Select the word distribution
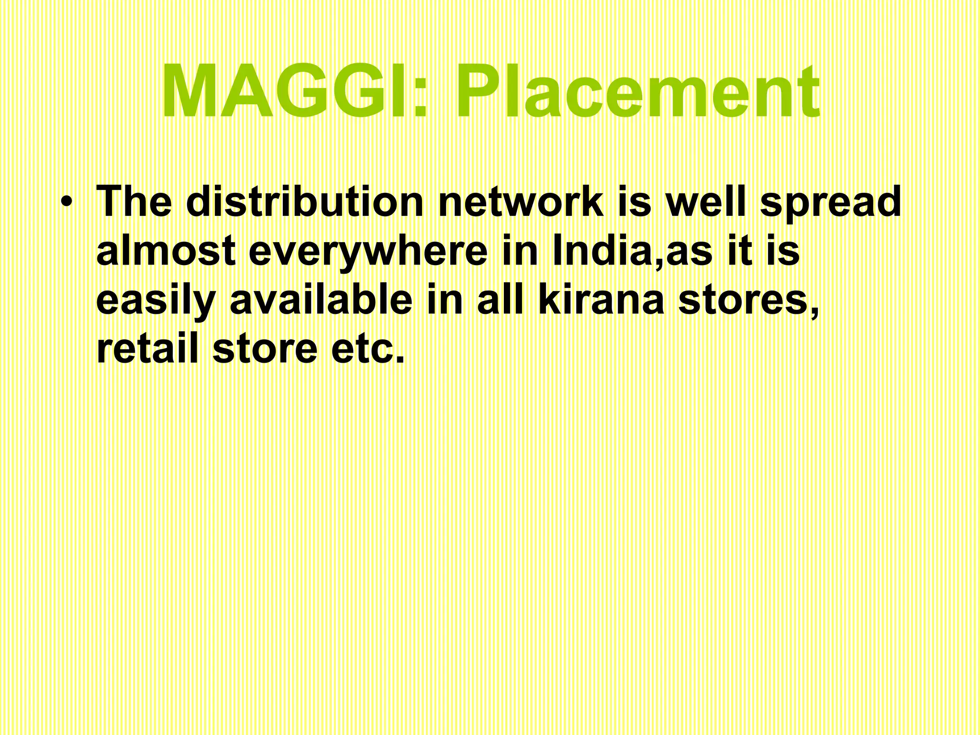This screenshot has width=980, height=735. pos(305,201)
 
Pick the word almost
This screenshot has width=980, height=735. pos(166,251)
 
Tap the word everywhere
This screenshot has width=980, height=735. pos(368,252)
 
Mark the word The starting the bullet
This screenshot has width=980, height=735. pos(134,201)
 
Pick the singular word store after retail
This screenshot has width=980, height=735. pos(265,350)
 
